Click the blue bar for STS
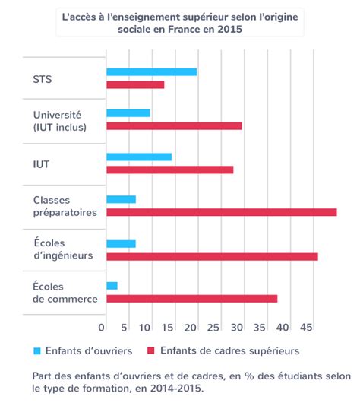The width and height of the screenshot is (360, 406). pyautogui.click(x=152, y=72)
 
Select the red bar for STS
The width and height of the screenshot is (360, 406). pyautogui.click(x=135, y=85)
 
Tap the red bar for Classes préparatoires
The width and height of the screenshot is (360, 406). pyautogui.click(x=222, y=212)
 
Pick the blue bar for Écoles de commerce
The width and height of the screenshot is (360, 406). pyautogui.click(x=112, y=286)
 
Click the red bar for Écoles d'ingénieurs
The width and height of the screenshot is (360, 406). pyautogui.click(x=212, y=257)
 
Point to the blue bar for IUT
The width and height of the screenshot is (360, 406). pyautogui.click(x=139, y=157)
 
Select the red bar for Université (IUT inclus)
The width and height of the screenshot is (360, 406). pyautogui.click(x=175, y=126)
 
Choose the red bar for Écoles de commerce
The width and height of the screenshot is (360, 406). pyautogui.click(x=192, y=299)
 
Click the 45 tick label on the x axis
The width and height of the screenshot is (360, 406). pyautogui.click(x=306, y=328)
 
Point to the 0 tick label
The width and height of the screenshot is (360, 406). pyautogui.click(x=101, y=328)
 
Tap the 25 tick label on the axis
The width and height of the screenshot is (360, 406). pyautogui.click(x=213, y=328)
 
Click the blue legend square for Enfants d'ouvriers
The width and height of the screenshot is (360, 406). pyautogui.click(x=37, y=350)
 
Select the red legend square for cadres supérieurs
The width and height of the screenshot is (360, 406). pyautogui.click(x=151, y=350)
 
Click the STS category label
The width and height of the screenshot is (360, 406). pyautogui.click(x=43, y=79)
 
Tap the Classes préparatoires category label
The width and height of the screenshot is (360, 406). pyautogui.click(x=65, y=206)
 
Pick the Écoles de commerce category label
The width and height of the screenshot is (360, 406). pyautogui.click(x=65, y=293)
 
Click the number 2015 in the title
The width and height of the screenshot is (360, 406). pyautogui.click(x=229, y=29)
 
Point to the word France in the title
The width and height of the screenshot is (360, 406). pyautogui.click(x=184, y=29)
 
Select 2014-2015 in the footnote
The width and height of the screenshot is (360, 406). pyautogui.click(x=175, y=389)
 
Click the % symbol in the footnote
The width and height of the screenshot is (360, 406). pyautogui.click(x=249, y=376)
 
